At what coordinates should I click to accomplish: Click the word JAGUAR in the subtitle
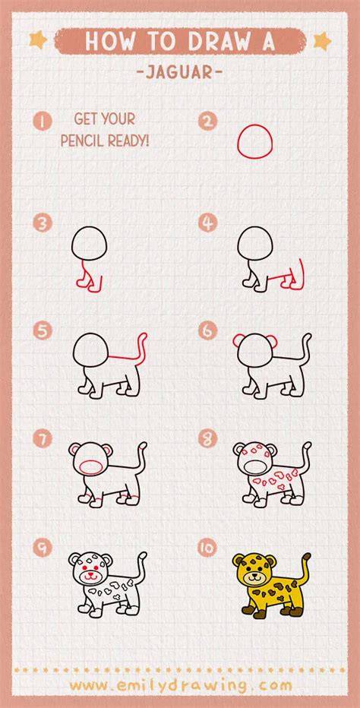(180, 73)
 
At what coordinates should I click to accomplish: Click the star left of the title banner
(39, 40)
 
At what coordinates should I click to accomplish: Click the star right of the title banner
(323, 41)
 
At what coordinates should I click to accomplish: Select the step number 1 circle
(43, 122)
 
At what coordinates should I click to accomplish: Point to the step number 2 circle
(207, 121)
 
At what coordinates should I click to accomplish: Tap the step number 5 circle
(43, 330)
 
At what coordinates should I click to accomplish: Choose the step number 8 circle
(207, 438)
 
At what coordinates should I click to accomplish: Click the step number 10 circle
(207, 548)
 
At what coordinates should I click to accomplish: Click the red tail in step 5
(143, 346)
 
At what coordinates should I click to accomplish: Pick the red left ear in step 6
(238, 341)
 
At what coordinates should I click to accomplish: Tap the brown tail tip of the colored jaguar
(307, 557)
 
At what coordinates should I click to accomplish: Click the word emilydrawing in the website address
(181, 685)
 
